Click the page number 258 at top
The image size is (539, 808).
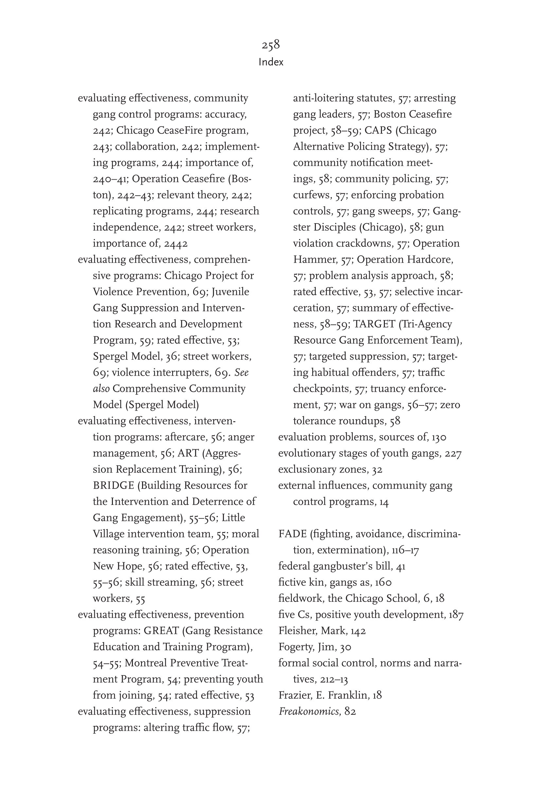point(271,45)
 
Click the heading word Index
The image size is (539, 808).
point(271,62)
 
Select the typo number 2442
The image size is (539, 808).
point(176,244)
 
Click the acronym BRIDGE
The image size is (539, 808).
point(114,486)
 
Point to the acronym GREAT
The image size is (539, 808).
point(161,631)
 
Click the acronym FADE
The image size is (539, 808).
point(292,534)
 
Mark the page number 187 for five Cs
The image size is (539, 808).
point(456,615)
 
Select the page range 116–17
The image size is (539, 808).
point(405,550)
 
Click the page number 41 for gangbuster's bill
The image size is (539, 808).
point(401,566)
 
